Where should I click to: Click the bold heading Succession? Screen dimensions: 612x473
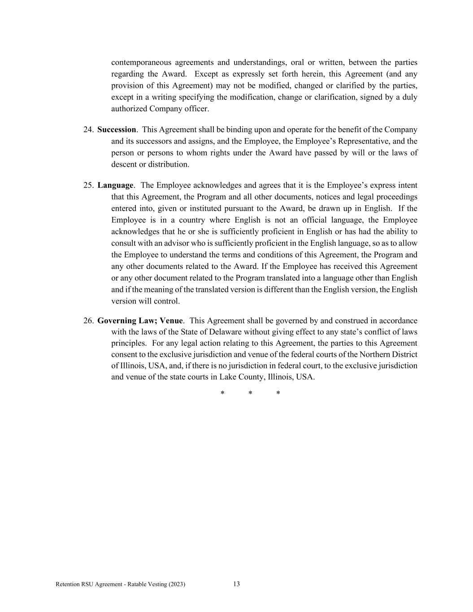click(x=117, y=130)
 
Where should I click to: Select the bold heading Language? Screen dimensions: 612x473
click(x=115, y=185)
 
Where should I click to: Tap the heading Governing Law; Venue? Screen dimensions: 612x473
click(x=140, y=321)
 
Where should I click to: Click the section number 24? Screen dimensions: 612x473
click(x=88, y=130)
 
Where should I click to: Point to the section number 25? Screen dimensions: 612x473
click(x=88, y=185)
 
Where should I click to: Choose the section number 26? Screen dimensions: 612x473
click(x=88, y=321)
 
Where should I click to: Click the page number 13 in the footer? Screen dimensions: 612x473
click(x=236, y=584)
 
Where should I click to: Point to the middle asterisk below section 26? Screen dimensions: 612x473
click(x=250, y=394)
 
